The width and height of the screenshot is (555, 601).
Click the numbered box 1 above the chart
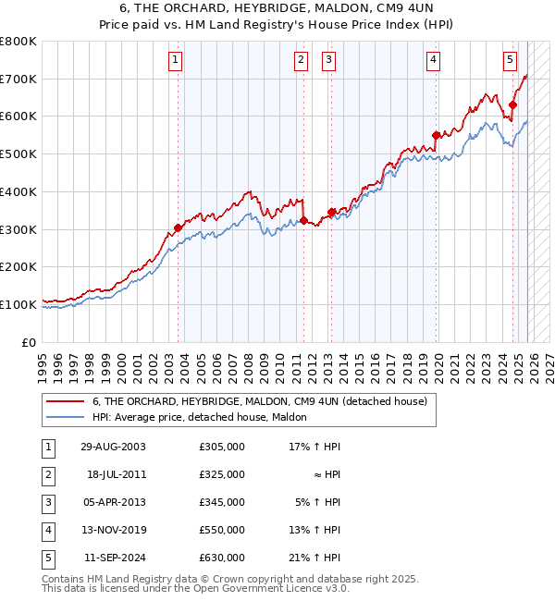pyautogui.click(x=176, y=61)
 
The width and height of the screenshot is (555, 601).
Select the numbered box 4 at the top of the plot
pyautogui.click(x=433, y=61)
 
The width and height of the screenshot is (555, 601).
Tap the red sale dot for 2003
pyautogui.click(x=178, y=227)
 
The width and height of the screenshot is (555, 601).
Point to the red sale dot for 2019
pyautogui.click(x=436, y=136)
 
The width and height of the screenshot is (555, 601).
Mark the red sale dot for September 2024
pyautogui.click(x=512, y=105)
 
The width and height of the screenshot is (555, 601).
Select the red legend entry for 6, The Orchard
pyautogui.click(x=259, y=402)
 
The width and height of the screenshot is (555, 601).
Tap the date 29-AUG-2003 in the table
pyautogui.click(x=113, y=447)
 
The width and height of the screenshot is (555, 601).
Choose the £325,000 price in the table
pyautogui.click(x=222, y=474)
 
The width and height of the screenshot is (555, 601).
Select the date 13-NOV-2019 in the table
pyautogui.click(x=113, y=530)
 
